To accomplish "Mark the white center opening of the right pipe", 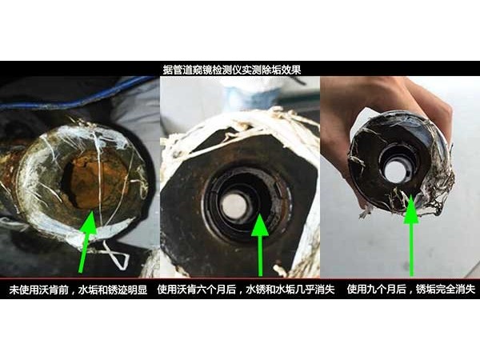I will [x=394, y=170].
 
